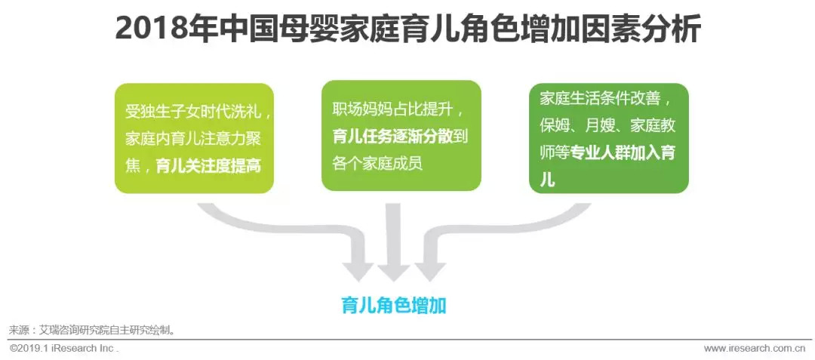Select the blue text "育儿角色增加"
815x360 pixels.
point(393,306)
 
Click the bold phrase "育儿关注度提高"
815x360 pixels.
point(208,166)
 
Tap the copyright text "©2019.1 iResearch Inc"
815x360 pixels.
point(63,349)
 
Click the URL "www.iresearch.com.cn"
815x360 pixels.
point(754,349)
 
